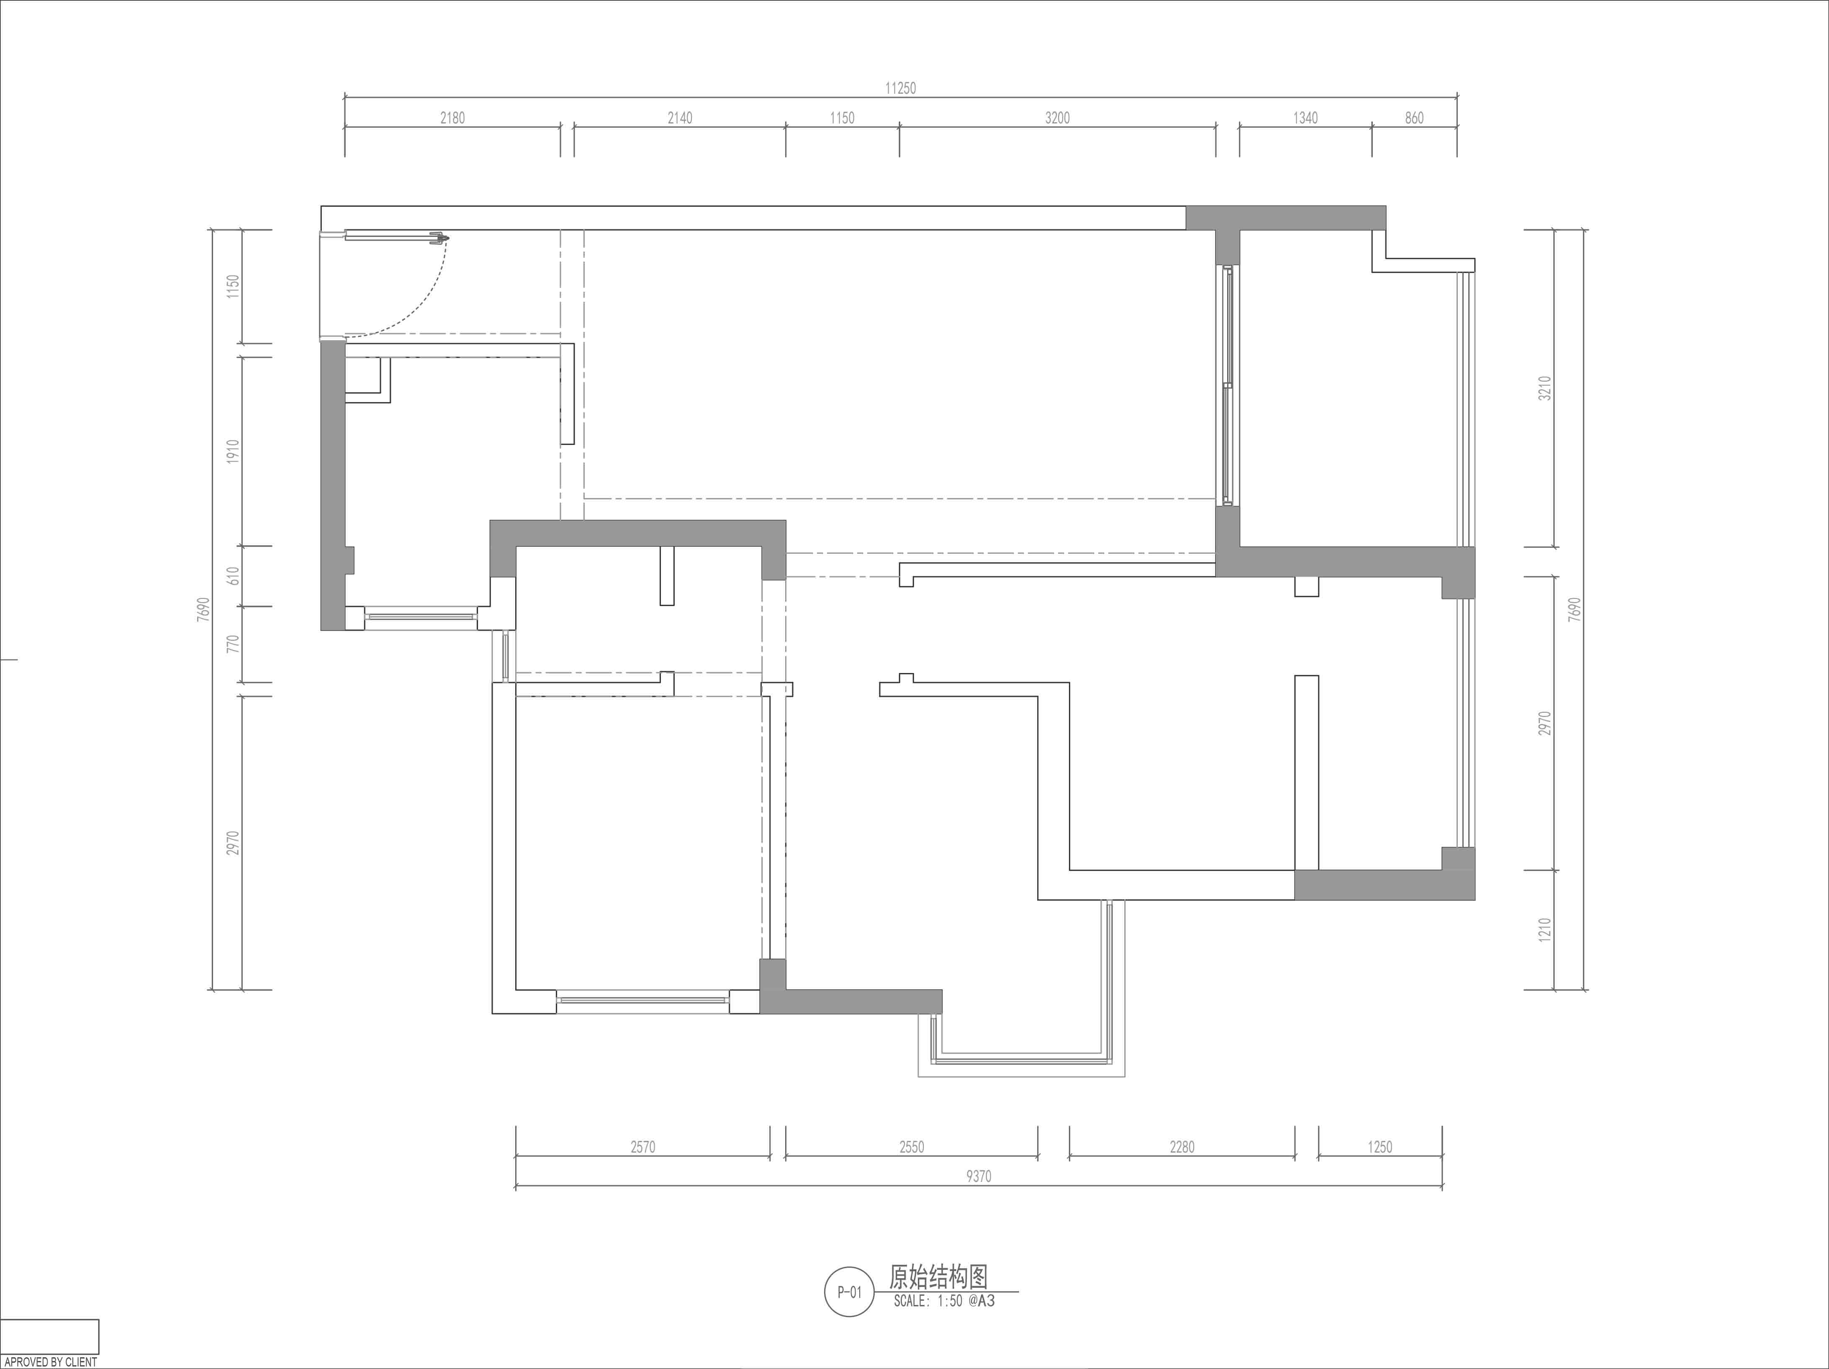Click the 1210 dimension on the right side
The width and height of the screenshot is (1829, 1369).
tap(1544, 929)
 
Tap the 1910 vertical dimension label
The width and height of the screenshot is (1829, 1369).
tap(233, 451)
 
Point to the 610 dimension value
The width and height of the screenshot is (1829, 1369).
tap(233, 576)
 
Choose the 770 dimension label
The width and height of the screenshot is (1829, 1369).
tap(233, 644)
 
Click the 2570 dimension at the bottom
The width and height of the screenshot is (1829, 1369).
tap(642, 1147)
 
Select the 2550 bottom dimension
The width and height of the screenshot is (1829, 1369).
tap(911, 1147)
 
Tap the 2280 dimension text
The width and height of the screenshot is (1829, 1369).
tap(1182, 1147)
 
